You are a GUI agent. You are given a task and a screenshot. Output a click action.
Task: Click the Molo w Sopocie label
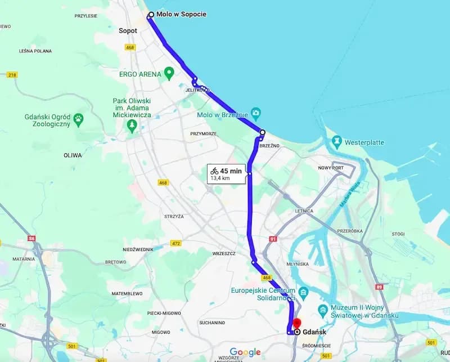(181, 14)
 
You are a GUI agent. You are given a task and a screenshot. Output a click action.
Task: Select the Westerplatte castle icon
(337, 142)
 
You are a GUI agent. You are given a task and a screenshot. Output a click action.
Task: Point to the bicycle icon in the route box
(214, 171)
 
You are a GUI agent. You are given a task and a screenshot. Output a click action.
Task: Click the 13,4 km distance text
(220, 178)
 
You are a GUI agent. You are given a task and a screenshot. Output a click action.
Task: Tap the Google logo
(245, 352)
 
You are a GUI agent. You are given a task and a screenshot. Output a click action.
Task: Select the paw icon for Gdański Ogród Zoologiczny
(79, 119)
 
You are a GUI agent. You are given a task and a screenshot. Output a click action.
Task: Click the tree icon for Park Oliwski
(132, 125)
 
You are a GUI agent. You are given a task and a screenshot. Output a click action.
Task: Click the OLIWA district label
(73, 155)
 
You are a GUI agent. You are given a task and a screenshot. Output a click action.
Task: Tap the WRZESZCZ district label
(223, 253)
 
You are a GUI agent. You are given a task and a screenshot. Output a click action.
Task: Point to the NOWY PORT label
(331, 168)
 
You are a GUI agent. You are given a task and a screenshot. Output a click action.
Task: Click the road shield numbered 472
(177, 243)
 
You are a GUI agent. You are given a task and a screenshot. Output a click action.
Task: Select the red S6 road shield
(31, 238)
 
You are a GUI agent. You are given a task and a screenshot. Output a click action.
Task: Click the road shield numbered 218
(12, 75)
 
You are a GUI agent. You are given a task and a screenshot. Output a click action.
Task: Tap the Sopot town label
(128, 30)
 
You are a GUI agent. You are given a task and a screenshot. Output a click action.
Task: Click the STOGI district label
(398, 233)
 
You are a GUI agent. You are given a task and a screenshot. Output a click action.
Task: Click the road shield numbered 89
(380, 287)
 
